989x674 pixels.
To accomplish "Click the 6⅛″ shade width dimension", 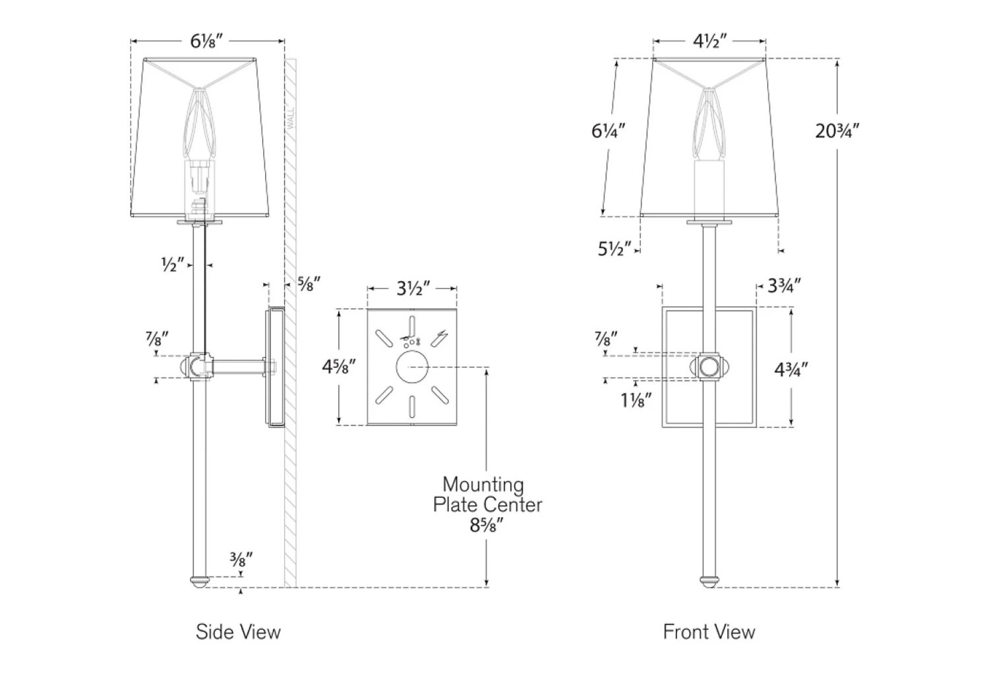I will click(206, 41).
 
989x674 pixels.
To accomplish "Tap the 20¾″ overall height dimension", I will click(837, 131).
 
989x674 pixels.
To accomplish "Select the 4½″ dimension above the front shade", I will click(709, 41).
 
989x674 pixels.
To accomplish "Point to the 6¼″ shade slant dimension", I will click(608, 131).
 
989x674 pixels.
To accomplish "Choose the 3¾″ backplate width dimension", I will click(784, 286).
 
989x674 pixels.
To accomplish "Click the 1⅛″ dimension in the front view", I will click(636, 400).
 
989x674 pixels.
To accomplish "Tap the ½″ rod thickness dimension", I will click(173, 264).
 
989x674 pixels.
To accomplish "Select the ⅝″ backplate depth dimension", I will click(309, 284).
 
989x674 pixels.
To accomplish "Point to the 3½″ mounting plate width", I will click(413, 288).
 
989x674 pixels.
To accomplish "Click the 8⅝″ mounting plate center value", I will click(487, 526).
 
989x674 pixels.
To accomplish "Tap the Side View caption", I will click(238, 632).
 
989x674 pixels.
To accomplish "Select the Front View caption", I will click(709, 632).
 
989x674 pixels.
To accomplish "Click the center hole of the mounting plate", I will click(412, 367).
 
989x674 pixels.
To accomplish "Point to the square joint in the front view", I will click(709, 367).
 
